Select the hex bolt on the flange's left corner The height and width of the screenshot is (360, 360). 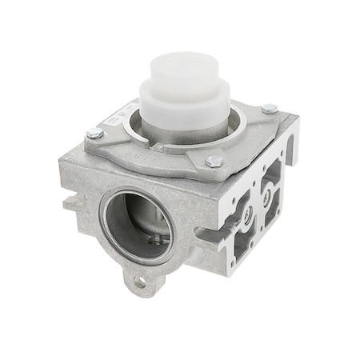[95, 133]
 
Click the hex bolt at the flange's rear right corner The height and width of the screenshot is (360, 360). [270, 108]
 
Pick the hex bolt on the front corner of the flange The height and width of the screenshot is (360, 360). [214, 161]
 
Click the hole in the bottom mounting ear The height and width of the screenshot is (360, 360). [141, 282]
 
